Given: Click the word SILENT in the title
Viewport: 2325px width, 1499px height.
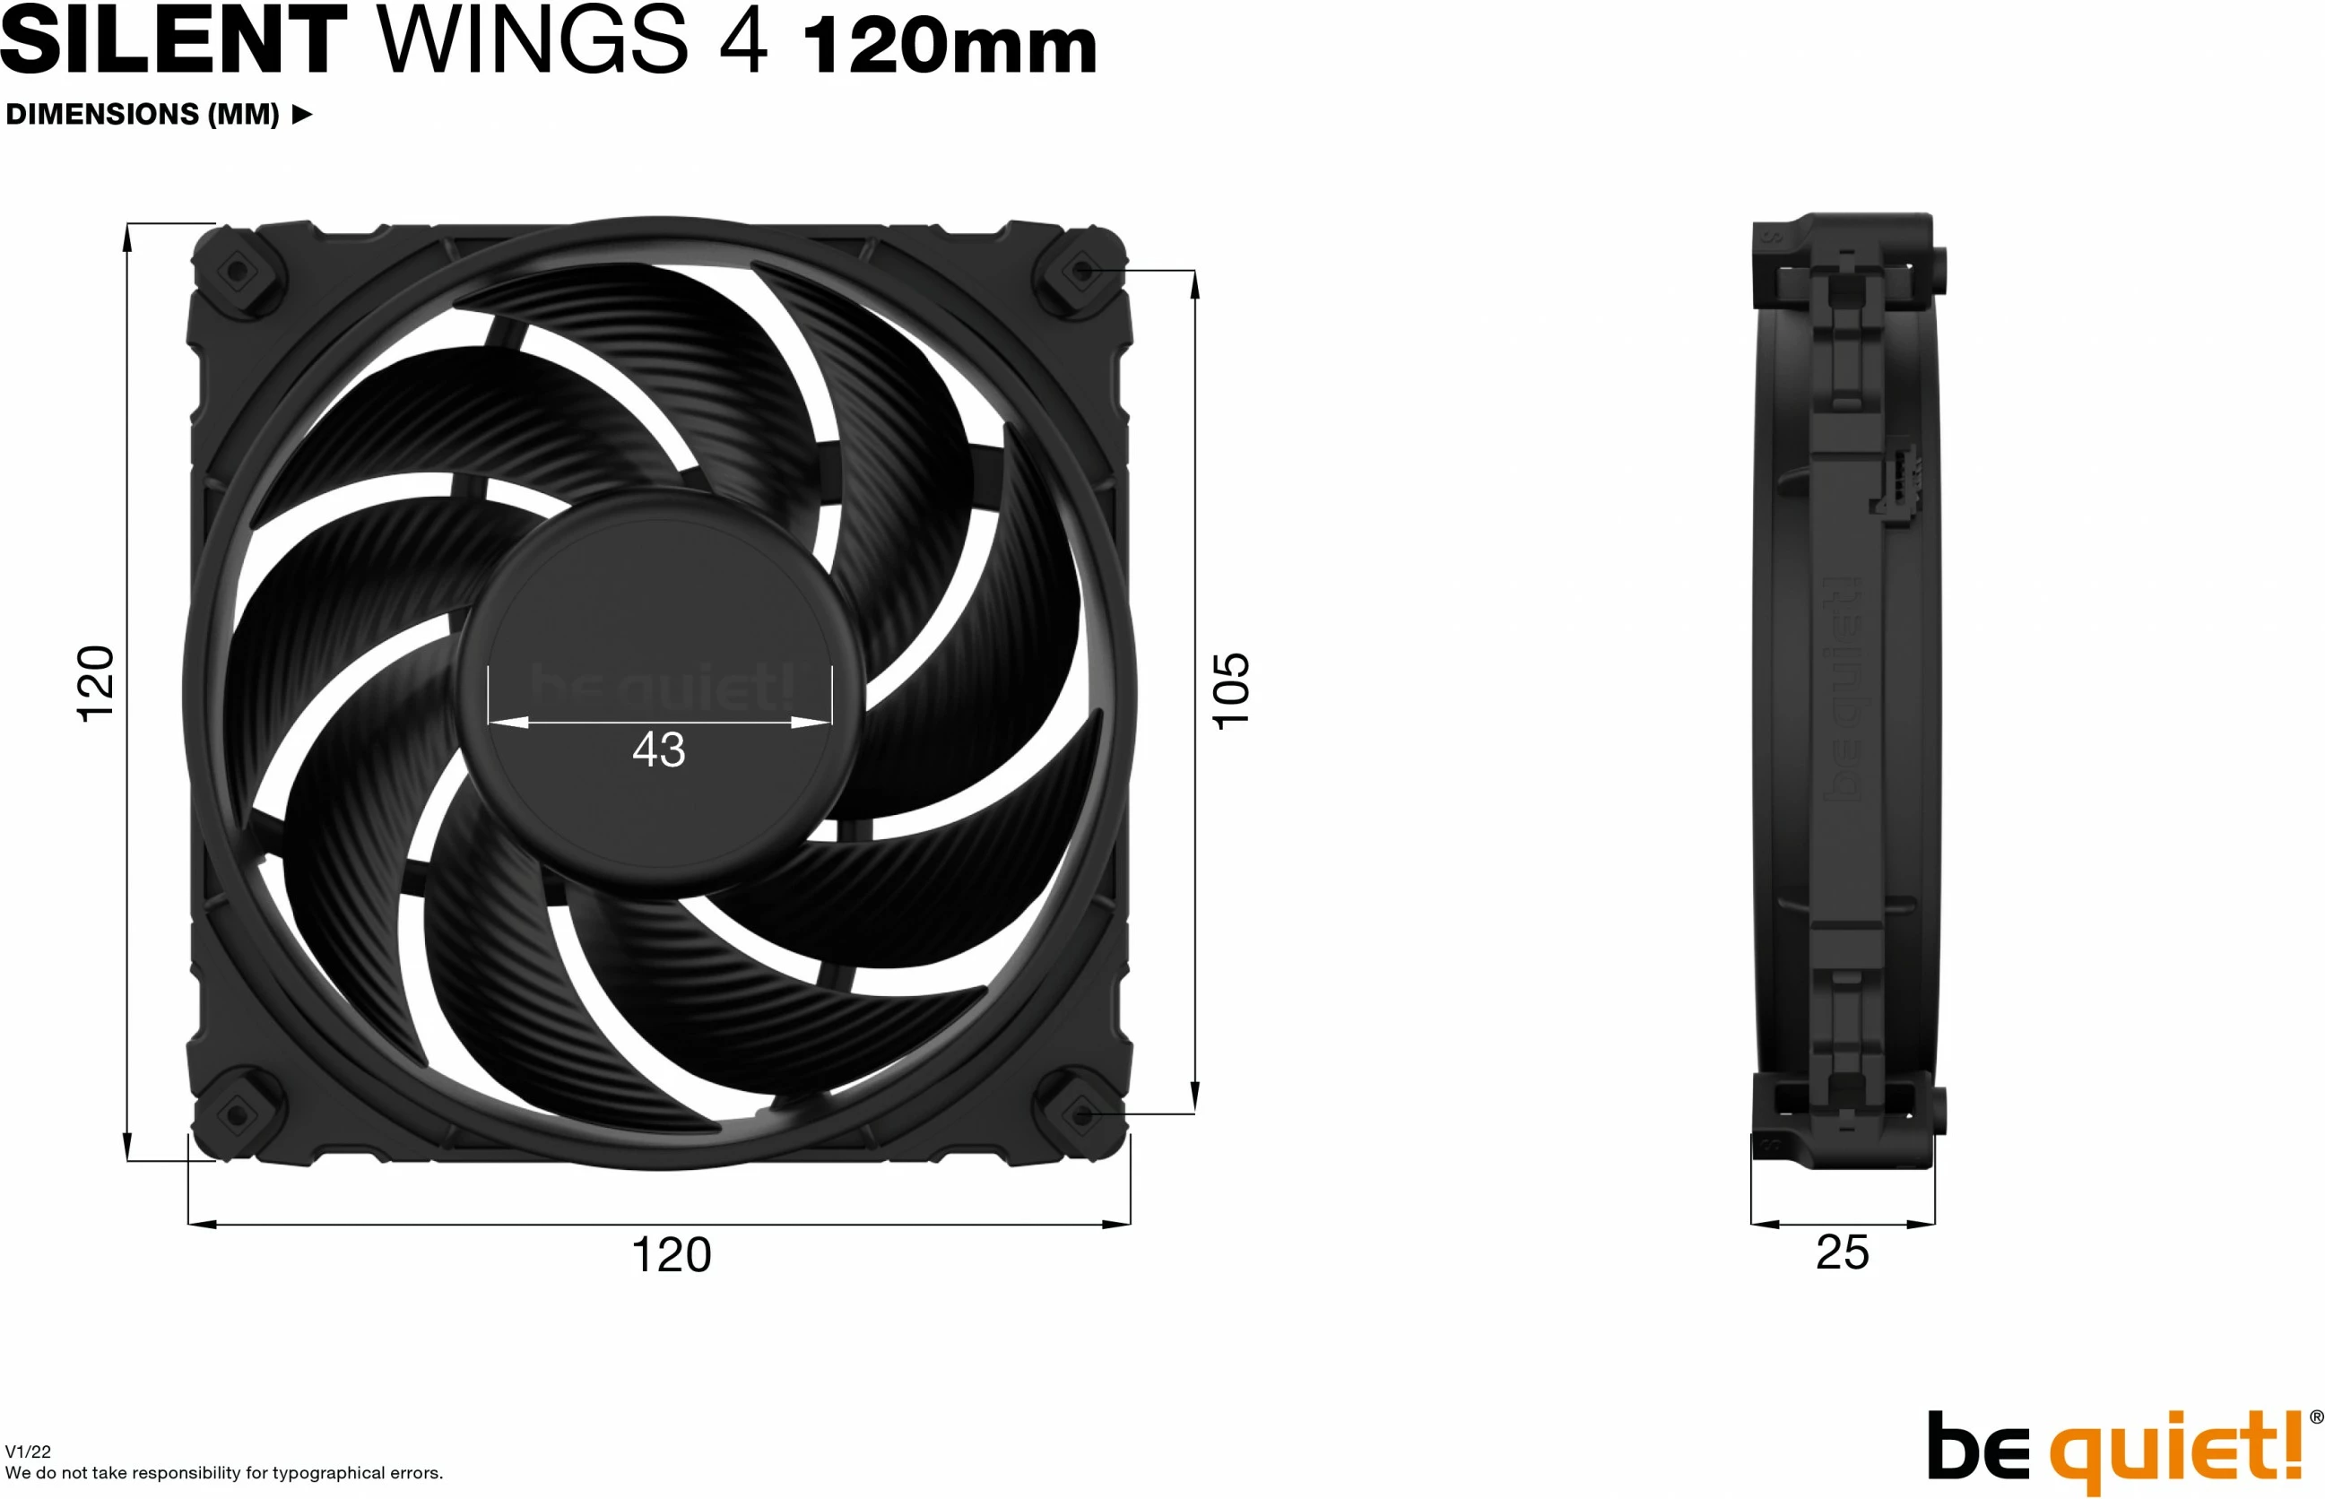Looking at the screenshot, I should point(173,41).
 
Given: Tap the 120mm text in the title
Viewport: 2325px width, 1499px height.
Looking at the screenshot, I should point(950,47).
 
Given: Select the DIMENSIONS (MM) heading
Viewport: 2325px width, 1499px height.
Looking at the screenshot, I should point(142,115).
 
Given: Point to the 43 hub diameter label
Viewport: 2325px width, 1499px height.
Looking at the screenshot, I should point(659,749).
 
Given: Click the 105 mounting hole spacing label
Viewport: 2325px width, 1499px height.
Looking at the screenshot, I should point(1230,690).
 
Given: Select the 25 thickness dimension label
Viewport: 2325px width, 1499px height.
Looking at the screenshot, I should point(1842,1252).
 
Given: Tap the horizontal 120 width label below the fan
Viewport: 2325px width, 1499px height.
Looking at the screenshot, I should point(671,1254).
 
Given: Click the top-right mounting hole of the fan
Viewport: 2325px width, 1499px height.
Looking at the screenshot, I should point(1082,270).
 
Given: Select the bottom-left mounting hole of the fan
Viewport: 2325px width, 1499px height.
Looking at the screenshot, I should point(236,1113).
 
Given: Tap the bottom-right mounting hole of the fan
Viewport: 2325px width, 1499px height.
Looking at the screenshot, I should point(1082,1113).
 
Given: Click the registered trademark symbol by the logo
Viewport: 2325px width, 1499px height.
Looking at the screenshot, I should point(2316,1417).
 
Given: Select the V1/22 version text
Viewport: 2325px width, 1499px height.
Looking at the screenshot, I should point(28,1451).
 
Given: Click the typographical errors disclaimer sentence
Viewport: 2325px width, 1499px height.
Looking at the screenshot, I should point(224,1473).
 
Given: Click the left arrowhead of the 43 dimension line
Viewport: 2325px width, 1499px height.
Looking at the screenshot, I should point(508,723).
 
